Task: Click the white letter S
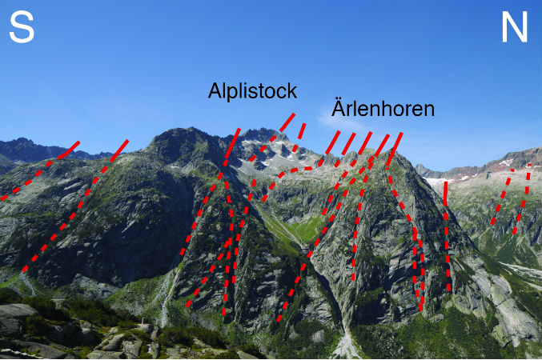(x=22, y=27)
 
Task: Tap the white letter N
(x=515, y=26)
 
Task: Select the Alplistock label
(x=252, y=91)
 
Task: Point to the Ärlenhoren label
(x=383, y=107)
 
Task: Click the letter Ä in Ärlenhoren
(x=339, y=107)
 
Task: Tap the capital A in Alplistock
(x=215, y=90)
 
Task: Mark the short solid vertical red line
(x=446, y=194)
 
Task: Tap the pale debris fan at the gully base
(x=346, y=346)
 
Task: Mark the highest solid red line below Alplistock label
(x=287, y=122)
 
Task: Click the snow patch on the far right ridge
(x=506, y=162)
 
